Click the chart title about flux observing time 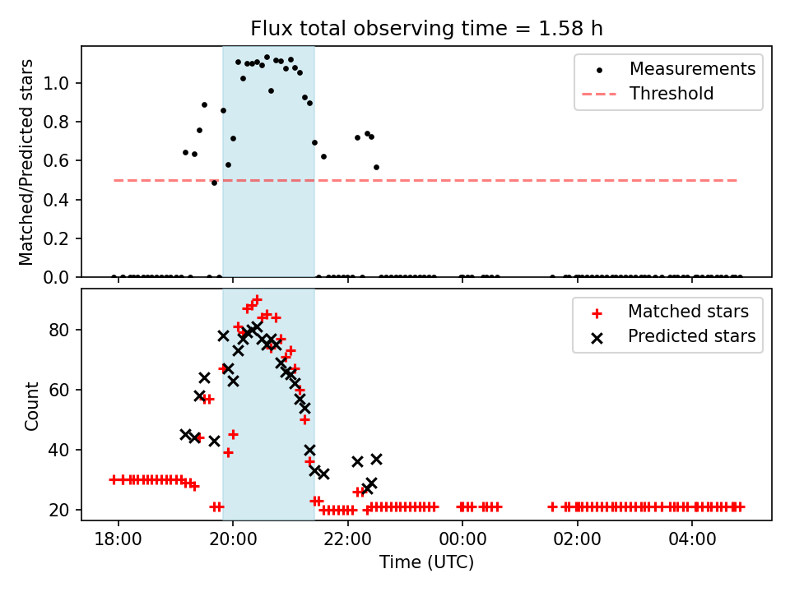(426, 29)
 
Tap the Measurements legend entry (692, 69)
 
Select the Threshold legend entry (671, 94)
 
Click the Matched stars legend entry (688, 312)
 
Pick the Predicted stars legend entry (691, 336)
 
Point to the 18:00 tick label (118, 539)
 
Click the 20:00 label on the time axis (233, 539)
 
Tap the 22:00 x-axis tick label (348, 539)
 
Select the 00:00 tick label (462, 539)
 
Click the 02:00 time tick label (578, 539)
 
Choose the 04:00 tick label (692, 539)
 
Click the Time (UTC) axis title (426, 563)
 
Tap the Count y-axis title (32, 405)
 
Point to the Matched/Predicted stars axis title (27, 162)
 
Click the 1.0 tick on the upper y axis (61, 83)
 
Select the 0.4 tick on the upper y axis (61, 200)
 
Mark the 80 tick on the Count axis (63, 330)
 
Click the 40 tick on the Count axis (63, 450)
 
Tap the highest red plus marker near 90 (257, 300)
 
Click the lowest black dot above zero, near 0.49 (214, 183)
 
